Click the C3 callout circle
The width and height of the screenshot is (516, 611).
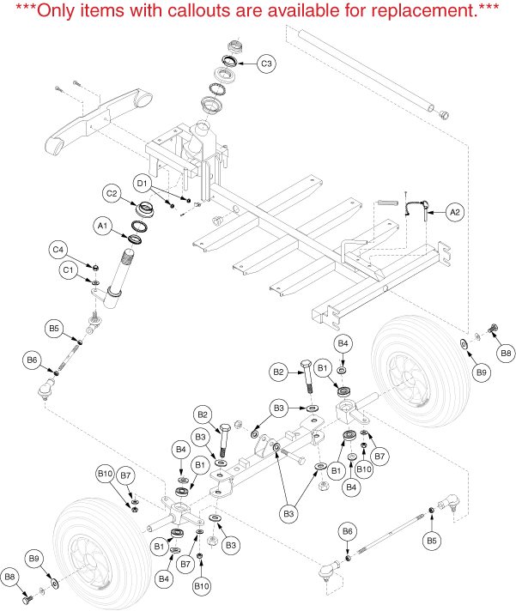[267, 64]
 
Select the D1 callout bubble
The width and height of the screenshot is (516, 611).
[143, 183]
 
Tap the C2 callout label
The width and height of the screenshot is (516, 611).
[112, 194]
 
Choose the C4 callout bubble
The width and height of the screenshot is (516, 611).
[58, 250]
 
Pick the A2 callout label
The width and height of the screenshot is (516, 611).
[456, 211]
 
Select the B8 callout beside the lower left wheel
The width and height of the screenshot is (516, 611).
[12, 578]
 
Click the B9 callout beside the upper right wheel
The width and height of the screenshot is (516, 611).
[482, 373]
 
